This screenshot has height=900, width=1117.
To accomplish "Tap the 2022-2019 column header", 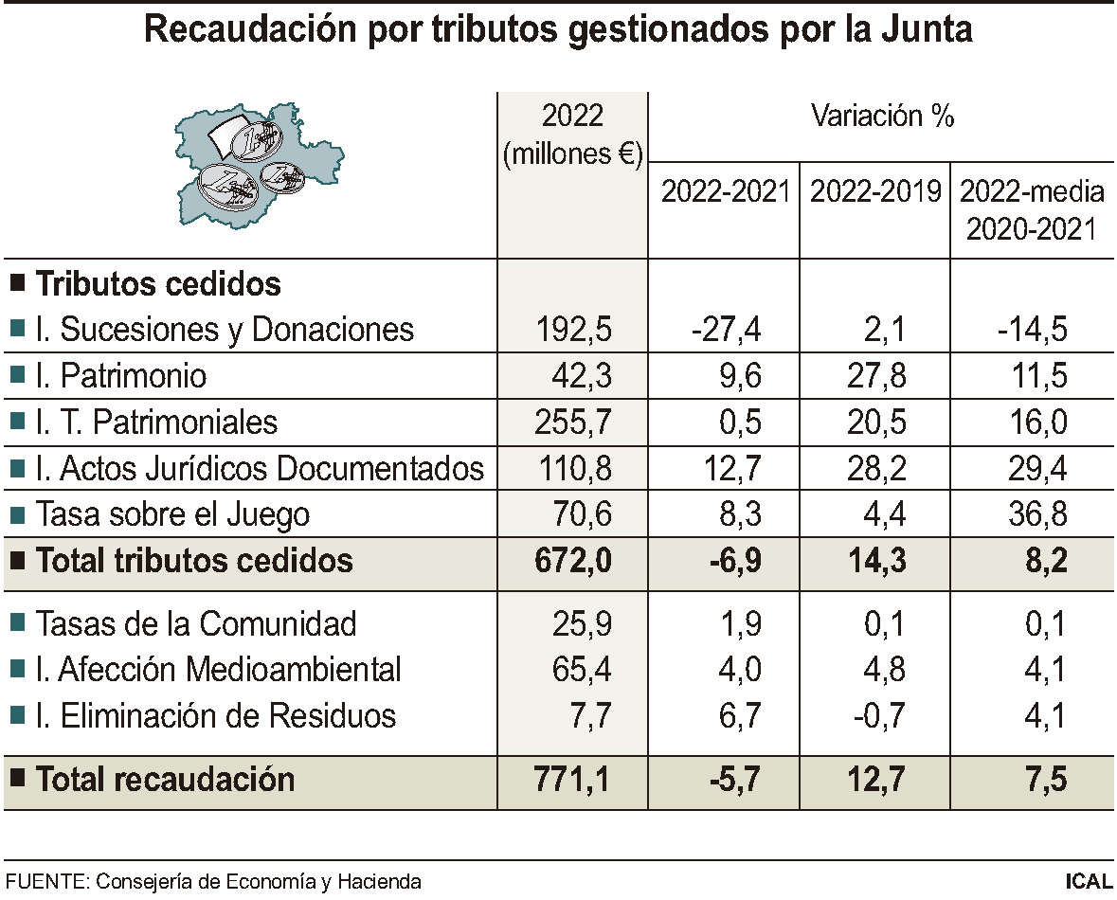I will (875, 191).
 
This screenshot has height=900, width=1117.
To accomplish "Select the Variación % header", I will (881, 117).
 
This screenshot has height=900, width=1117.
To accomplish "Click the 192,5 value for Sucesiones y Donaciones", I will (576, 330).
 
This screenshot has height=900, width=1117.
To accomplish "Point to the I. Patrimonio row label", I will (120, 376).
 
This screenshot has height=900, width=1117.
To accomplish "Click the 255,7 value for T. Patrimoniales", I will (576, 422).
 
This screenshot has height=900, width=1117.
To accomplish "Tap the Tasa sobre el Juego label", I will (172, 514).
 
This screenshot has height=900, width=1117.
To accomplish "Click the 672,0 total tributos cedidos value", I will (576, 560).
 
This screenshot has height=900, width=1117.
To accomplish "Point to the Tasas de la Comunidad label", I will (195, 623).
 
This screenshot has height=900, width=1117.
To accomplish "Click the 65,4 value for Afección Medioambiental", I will (582, 670).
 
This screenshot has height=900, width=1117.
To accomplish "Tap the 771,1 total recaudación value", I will (576, 780).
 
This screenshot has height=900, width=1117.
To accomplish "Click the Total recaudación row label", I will (165, 780).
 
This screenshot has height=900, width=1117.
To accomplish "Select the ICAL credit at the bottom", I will (1088, 882).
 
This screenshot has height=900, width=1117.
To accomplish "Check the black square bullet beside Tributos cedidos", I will (17, 282).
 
